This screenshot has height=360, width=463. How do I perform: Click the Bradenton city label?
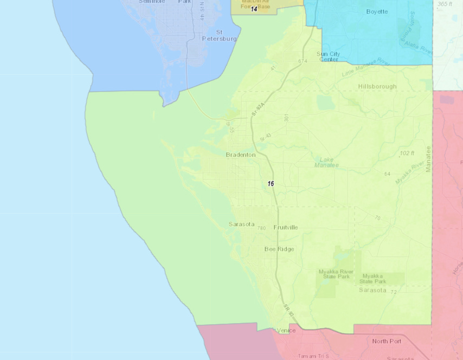241,155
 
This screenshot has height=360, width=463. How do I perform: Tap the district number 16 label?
271,184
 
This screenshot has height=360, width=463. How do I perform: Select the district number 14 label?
254,9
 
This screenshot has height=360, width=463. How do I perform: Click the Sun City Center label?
329,56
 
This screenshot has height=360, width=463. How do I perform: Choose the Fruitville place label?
285,227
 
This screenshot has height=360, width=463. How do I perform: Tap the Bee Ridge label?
279,249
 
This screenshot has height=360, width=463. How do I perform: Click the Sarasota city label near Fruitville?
241,224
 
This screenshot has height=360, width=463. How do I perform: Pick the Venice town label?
286,330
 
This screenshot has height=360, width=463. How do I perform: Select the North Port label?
387,341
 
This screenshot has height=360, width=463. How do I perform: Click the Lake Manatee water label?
326,162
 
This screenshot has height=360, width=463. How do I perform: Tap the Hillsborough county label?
377,86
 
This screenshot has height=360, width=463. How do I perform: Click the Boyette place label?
377,11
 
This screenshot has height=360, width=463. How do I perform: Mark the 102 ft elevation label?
407,153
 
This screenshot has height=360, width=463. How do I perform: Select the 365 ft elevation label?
445,4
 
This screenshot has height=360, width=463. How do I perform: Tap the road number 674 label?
303,61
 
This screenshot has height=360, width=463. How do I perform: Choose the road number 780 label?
262,228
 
